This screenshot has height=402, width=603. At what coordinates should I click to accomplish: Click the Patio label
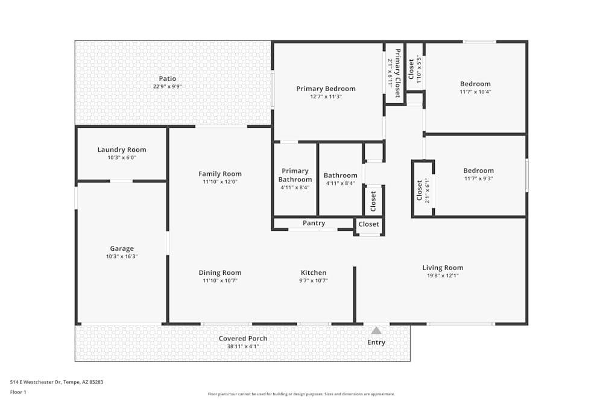(x=167, y=78)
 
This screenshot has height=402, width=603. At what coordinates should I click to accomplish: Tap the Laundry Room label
(x=122, y=149)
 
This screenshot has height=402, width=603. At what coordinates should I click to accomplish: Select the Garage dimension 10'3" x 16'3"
(x=122, y=256)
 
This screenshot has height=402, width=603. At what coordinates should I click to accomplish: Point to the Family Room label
(x=220, y=174)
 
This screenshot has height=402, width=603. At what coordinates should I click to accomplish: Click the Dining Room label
(x=220, y=272)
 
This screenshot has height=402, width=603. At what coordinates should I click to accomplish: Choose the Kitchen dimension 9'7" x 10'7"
(x=314, y=280)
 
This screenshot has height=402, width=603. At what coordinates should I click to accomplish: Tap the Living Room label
(x=443, y=268)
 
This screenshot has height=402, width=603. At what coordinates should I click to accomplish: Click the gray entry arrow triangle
(x=376, y=330)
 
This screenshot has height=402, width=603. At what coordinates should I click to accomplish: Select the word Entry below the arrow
(x=376, y=342)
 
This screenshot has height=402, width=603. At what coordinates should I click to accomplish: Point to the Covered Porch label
(x=242, y=338)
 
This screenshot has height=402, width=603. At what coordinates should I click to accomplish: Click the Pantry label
(x=314, y=223)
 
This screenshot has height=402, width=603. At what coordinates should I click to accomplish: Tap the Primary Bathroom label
(x=295, y=175)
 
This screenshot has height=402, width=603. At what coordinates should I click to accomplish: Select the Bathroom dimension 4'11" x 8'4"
(x=341, y=183)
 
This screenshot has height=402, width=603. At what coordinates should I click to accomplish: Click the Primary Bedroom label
(x=326, y=89)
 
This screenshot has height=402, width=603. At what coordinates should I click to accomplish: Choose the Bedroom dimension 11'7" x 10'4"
(x=475, y=92)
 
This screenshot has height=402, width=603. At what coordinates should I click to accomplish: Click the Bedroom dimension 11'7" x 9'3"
(x=478, y=178)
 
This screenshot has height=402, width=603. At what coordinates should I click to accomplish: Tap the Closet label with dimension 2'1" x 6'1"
(x=420, y=190)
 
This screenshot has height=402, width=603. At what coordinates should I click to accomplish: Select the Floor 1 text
(x=18, y=392)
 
